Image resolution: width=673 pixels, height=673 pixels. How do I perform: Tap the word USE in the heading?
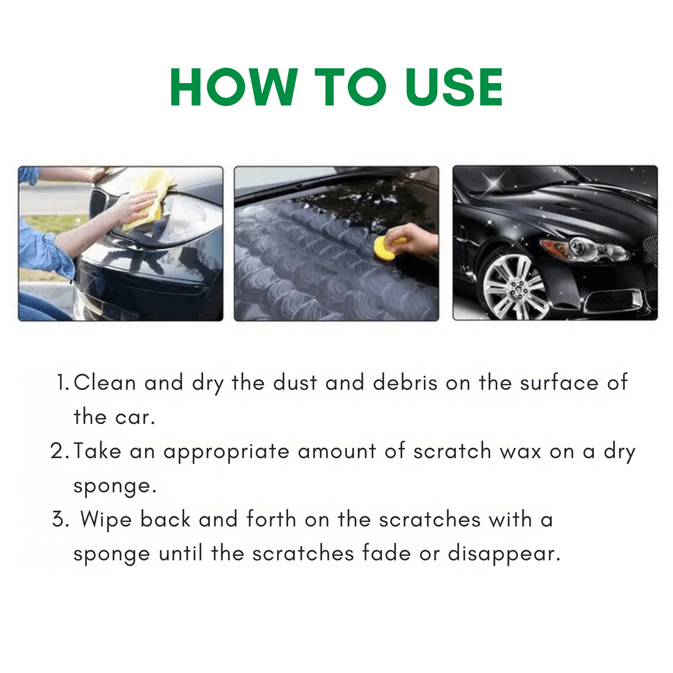[x=454, y=87]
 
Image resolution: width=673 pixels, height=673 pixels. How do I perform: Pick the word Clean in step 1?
[x=105, y=382]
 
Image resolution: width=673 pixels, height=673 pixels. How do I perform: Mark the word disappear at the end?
[x=504, y=555]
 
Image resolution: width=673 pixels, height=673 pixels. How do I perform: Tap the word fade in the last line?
[x=386, y=553]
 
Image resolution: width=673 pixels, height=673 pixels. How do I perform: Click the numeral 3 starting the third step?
[x=59, y=519]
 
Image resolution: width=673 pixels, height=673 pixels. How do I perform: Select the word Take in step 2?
[x=97, y=451]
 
